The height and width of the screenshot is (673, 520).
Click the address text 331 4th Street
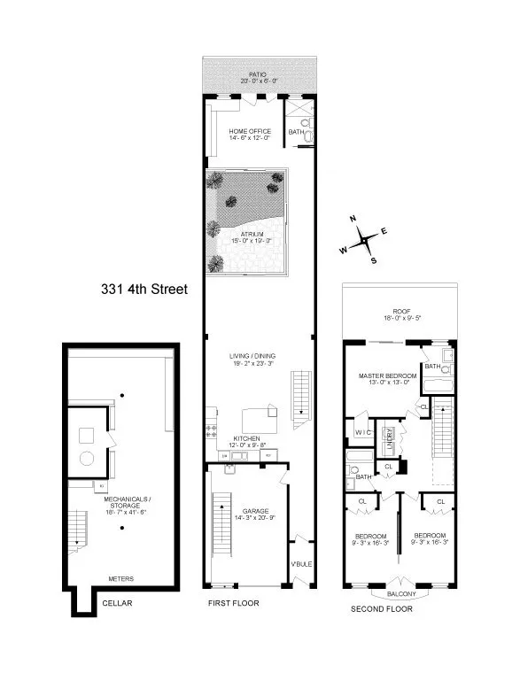pos(143,289)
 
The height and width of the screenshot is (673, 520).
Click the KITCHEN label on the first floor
pos(245,438)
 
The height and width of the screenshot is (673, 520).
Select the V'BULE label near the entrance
pos(301,564)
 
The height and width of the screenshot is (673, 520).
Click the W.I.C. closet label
pos(363,433)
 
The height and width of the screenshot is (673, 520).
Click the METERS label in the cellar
pos(120,578)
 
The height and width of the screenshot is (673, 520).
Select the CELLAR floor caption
pos(119,604)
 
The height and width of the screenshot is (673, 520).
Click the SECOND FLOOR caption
pos(381,609)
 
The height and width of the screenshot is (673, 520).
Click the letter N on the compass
pos(352,218)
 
